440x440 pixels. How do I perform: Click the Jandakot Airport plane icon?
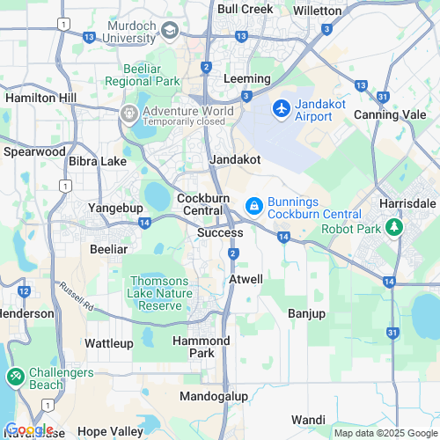[x=282, y=108]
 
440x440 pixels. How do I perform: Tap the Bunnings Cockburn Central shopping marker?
[x=253, y=205]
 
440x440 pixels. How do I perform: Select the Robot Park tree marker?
[x=395, y=229]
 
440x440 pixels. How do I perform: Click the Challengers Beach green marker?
[x=15, y=377]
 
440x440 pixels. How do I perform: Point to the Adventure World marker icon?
[x=129, y=113]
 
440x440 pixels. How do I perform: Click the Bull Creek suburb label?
[x=243, y=9]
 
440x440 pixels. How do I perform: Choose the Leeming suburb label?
[x=246, y=78]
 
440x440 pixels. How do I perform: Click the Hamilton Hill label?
[x=40, y=98]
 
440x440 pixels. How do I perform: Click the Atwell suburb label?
[x=246, y=279]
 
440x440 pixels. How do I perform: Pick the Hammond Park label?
[x=201, y=347]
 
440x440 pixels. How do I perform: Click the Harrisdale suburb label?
[x=407, y=203]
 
